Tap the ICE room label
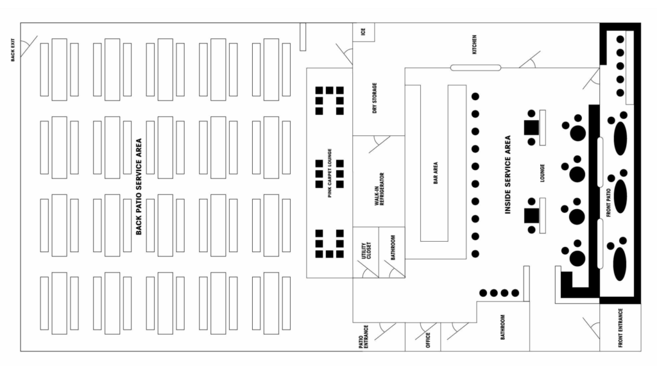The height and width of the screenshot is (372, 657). coord(363,31)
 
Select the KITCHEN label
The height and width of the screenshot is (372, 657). coord(475,44)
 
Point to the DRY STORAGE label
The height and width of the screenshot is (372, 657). coord(375,98)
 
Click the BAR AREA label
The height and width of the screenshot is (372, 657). coord(436,174)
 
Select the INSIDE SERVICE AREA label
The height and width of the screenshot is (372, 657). coord(508,174)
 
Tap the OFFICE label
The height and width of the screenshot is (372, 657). coord(428,338)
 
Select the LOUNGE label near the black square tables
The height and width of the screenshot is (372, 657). coord(542,173)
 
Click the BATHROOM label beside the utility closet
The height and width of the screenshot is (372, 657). coord(393,247)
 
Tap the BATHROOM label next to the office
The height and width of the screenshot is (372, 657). coord(502,326)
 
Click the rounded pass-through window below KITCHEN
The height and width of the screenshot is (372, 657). coord(475,68)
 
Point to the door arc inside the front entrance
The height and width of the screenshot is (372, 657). coord(590,325)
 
